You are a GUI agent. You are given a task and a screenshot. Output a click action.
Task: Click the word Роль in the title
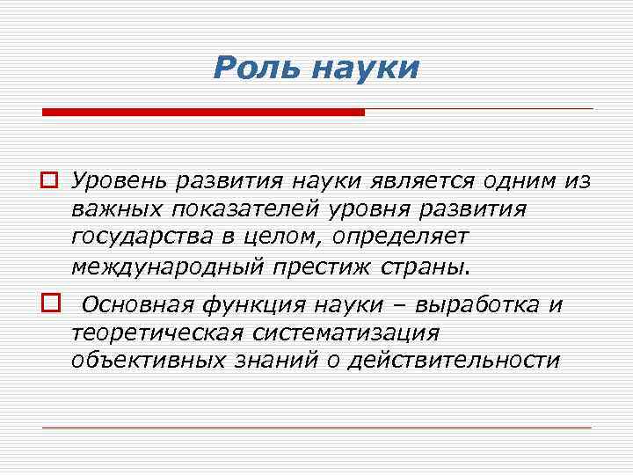coord(255,68)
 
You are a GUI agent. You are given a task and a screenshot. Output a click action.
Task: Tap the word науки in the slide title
coord(365,69)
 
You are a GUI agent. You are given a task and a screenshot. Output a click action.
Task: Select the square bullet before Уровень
coord(49,181)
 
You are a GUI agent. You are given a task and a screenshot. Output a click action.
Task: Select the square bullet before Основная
coord(49,305)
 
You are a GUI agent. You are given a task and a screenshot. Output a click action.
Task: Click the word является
coord(402,181)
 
